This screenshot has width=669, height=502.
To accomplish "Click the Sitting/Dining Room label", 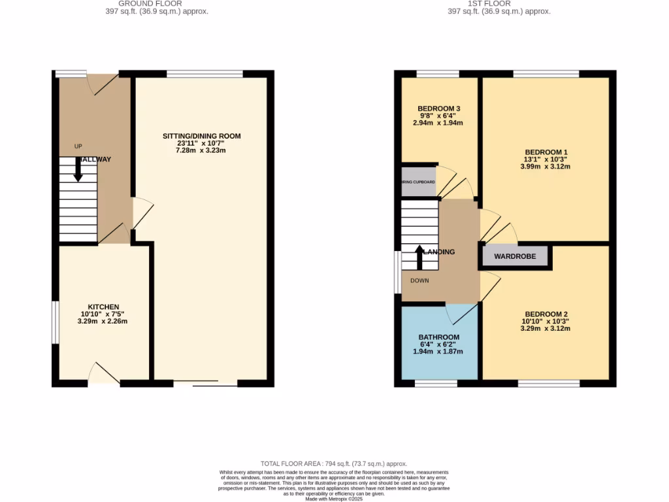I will click(202, 136).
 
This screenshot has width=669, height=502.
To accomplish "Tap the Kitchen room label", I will click(104, 307).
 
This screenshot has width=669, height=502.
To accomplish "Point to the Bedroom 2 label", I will click(545, 313).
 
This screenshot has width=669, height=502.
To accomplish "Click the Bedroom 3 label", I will click(440, 108).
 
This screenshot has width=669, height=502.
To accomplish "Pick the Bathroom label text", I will click(438, 337).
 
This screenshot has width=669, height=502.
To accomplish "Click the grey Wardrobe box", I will click(515, 256).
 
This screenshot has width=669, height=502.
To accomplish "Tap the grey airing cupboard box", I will click(419, 182).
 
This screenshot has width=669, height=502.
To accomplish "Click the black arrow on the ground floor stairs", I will click(78, 169).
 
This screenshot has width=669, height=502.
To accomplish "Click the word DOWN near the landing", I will click(419, 280).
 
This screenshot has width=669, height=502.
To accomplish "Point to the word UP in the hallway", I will click(78, 146).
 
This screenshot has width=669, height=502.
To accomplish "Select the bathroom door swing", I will click(461, 314).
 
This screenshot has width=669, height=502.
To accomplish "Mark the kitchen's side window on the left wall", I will click(56, 322).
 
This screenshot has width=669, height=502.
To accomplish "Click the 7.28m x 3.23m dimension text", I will click(202, 151).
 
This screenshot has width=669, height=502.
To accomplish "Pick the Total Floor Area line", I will click(334, 463).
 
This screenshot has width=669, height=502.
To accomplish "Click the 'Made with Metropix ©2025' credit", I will click(334, 499).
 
